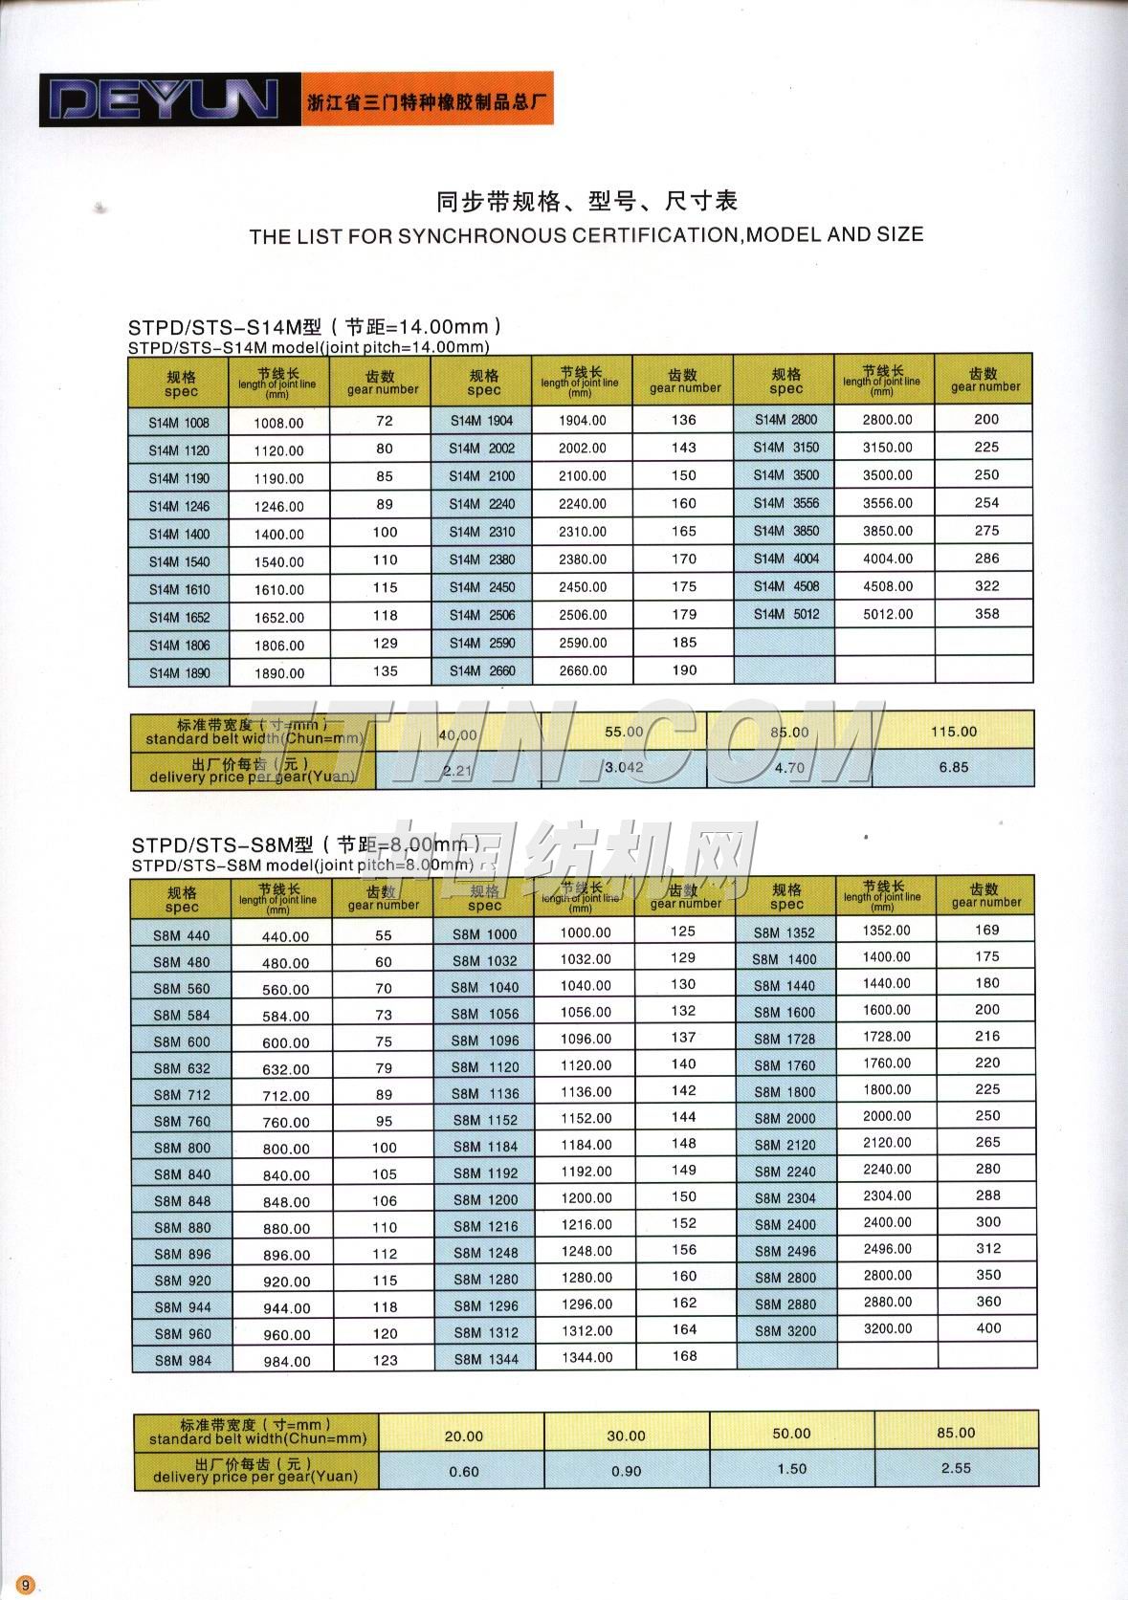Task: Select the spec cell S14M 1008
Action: pos(179,423)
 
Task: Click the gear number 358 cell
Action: pos(985,614)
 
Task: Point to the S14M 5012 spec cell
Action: pos(785,614)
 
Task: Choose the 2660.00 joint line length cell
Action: pos(583,670)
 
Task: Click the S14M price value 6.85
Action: pos(954,767)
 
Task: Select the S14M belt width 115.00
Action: pos(954,732)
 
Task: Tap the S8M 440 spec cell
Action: pos(181,935)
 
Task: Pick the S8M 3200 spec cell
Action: pos(785,1330)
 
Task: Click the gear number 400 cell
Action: pos(988,1328)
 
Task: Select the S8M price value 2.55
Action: pos(956,1468)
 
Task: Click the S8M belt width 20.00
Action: pos(464,1436)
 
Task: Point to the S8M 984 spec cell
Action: pos(181,1360)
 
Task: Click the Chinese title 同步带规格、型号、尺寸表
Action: pos(586,202)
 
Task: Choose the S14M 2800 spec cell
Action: pos(785,419)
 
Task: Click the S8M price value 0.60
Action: pos(464,1471)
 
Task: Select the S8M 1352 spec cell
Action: pos(785,932)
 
